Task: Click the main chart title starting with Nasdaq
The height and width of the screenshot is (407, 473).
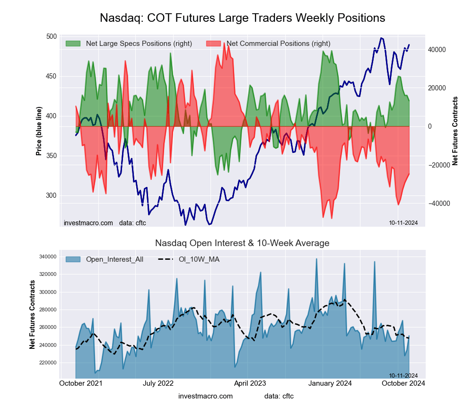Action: [242, 18]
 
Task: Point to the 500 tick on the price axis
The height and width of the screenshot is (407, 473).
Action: [52, 37]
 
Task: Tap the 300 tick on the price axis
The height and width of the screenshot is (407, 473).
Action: [52, 195]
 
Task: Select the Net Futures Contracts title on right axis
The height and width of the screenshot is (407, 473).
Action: [455, 131]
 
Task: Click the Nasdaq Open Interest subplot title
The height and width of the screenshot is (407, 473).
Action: [242, 243]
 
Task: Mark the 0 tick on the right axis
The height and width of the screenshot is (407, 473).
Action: [429, 126]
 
